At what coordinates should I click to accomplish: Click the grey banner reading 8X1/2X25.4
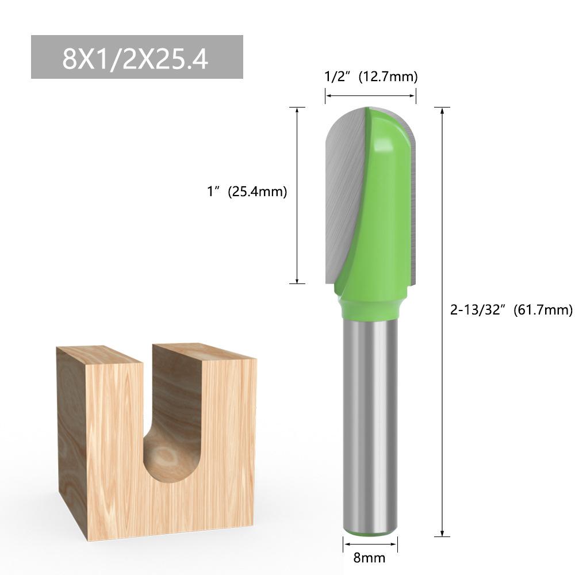coord(137,57)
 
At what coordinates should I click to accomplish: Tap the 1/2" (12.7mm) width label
coord(371,76)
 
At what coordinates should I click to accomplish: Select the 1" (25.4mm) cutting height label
coord(247,191)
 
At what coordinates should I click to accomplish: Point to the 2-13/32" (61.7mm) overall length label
coord(511,310)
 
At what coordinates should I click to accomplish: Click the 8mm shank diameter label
coord(369,558)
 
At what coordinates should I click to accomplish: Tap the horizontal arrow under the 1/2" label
coord(370,96)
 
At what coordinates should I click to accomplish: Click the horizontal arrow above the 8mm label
coord(370,544)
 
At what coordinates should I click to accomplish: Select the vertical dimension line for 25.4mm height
coord(297,195)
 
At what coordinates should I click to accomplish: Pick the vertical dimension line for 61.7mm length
coord(442,322)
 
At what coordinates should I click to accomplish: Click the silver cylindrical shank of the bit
coord(370,425)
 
